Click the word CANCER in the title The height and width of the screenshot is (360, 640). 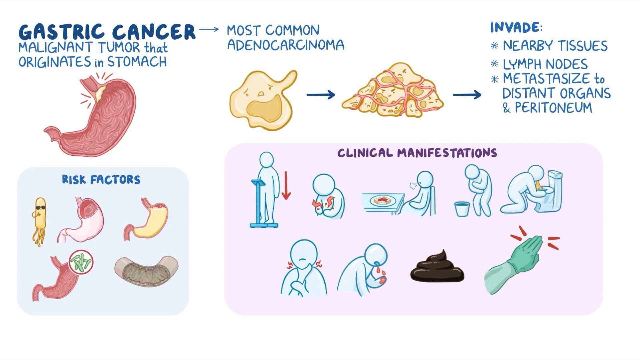[154, 32]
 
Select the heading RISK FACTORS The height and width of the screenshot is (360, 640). [101, 180]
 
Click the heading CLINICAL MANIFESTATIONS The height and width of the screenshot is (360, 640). [417, 153]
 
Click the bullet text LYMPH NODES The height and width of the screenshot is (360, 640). [545, 64]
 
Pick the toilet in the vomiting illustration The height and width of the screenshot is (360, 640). [548, 193]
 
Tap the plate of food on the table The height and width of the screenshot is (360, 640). [382, 201]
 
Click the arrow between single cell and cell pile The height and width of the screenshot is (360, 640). [320, 95]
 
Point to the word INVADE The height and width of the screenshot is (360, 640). [515, 27]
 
